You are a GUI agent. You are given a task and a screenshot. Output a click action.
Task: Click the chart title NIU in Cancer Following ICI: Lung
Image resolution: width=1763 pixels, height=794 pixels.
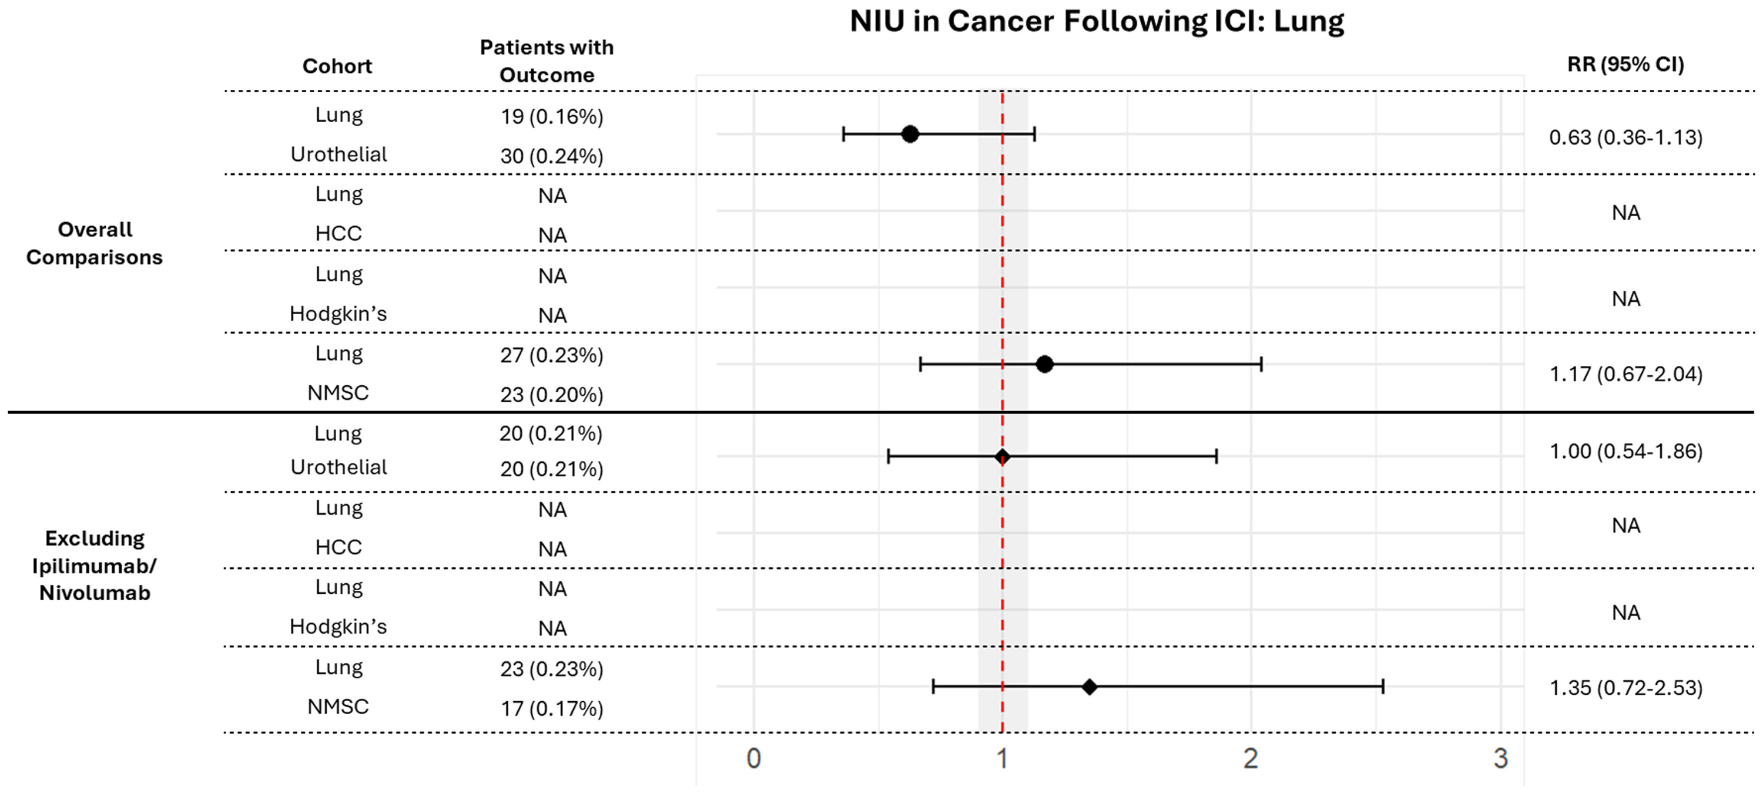1097,21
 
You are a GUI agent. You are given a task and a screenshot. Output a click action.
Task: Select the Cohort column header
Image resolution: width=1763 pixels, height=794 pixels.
337,66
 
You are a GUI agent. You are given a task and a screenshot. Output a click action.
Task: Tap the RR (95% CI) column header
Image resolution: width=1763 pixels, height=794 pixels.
1625,64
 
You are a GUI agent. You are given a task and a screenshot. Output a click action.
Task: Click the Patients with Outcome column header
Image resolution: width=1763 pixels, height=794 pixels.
547,61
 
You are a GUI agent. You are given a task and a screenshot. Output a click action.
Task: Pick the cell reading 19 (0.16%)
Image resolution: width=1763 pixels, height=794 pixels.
552,117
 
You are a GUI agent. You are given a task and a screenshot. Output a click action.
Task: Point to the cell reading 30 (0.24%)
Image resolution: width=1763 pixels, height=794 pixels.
552,157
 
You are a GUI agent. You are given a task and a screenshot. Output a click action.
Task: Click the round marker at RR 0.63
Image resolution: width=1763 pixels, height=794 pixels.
910,134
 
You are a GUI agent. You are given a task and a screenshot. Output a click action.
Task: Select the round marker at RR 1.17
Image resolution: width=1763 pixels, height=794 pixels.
1044,365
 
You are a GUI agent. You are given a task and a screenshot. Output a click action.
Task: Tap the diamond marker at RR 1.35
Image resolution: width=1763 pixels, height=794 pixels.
1090,687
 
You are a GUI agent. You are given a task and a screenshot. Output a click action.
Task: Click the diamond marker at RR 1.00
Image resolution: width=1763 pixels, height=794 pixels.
1002,457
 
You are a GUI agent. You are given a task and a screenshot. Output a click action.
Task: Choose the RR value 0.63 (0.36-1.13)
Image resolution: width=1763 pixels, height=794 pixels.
1625,137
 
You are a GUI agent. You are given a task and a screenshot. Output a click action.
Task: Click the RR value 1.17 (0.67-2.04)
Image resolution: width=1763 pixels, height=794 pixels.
1625,374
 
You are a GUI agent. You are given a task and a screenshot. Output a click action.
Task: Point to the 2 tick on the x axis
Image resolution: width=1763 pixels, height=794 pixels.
1251,758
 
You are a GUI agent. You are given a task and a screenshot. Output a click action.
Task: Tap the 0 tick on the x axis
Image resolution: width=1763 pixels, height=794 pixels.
753,758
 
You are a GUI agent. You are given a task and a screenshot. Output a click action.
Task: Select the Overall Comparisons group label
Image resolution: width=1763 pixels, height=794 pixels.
95,244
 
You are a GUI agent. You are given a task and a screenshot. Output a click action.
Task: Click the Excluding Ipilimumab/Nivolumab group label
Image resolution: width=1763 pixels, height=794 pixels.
95,566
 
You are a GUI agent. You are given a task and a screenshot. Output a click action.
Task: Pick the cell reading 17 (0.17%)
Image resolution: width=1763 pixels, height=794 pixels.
552,708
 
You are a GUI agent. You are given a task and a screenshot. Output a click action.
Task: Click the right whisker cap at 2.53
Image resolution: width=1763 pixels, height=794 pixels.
1383,687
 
